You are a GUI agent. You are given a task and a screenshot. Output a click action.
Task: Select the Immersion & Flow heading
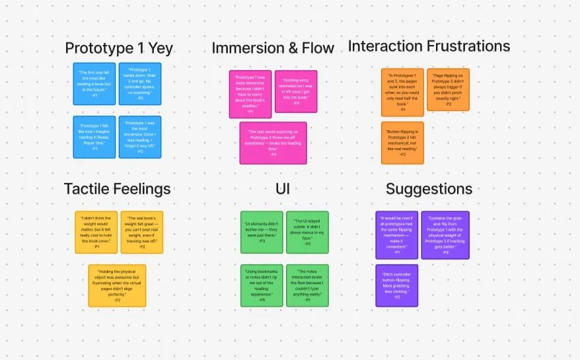(273, 48)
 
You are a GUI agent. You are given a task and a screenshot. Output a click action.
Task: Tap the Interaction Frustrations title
(429, 46)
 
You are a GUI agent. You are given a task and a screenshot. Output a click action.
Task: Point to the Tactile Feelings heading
(117, 189)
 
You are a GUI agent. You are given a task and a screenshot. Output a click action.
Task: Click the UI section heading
(283, 190)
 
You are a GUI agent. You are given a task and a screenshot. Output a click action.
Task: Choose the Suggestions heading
(429, 189)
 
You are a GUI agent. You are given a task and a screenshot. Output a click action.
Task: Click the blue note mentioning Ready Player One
(94, 137)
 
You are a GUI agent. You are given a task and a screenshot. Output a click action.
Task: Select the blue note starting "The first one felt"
(94, 84)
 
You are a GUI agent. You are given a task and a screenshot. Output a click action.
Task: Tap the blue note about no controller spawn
(140, 84)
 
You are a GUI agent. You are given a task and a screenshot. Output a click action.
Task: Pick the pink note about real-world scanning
(273, 143)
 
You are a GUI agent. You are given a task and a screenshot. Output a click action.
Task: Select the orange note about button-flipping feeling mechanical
(402, 143)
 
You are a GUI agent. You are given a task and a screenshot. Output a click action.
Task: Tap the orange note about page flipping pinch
(448, 89)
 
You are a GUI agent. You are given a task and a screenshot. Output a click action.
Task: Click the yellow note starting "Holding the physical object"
(117, 285)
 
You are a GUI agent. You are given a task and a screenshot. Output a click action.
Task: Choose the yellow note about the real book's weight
(140, 233)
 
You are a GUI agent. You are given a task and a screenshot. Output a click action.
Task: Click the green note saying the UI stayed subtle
(307, 233)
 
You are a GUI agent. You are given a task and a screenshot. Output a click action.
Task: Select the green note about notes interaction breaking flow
(307, 285)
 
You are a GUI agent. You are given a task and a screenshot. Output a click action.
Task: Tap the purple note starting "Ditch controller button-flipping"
(396, 285)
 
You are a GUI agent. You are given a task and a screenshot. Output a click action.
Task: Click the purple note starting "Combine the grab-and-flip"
(445, 235)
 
